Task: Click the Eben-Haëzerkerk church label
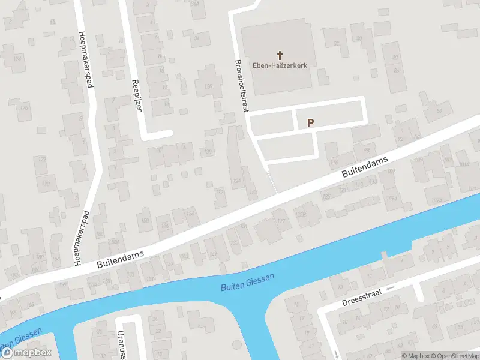[x=280, y=66]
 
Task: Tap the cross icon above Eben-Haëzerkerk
[x=280, y=55]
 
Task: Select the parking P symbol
[x=310, y=122]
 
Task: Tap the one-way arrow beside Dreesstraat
[x=391, y=289]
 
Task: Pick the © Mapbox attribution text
[x=415, y=356]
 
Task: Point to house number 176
[x=24, y=107]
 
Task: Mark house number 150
[x=144, y=220]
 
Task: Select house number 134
[x=191, y=214]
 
